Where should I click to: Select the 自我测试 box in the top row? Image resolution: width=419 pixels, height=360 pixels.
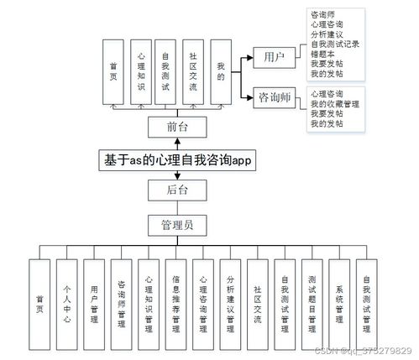[166, 71]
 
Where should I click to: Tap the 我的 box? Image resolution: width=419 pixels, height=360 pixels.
[220, 71]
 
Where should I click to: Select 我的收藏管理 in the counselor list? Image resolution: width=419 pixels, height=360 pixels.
[333, 104]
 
